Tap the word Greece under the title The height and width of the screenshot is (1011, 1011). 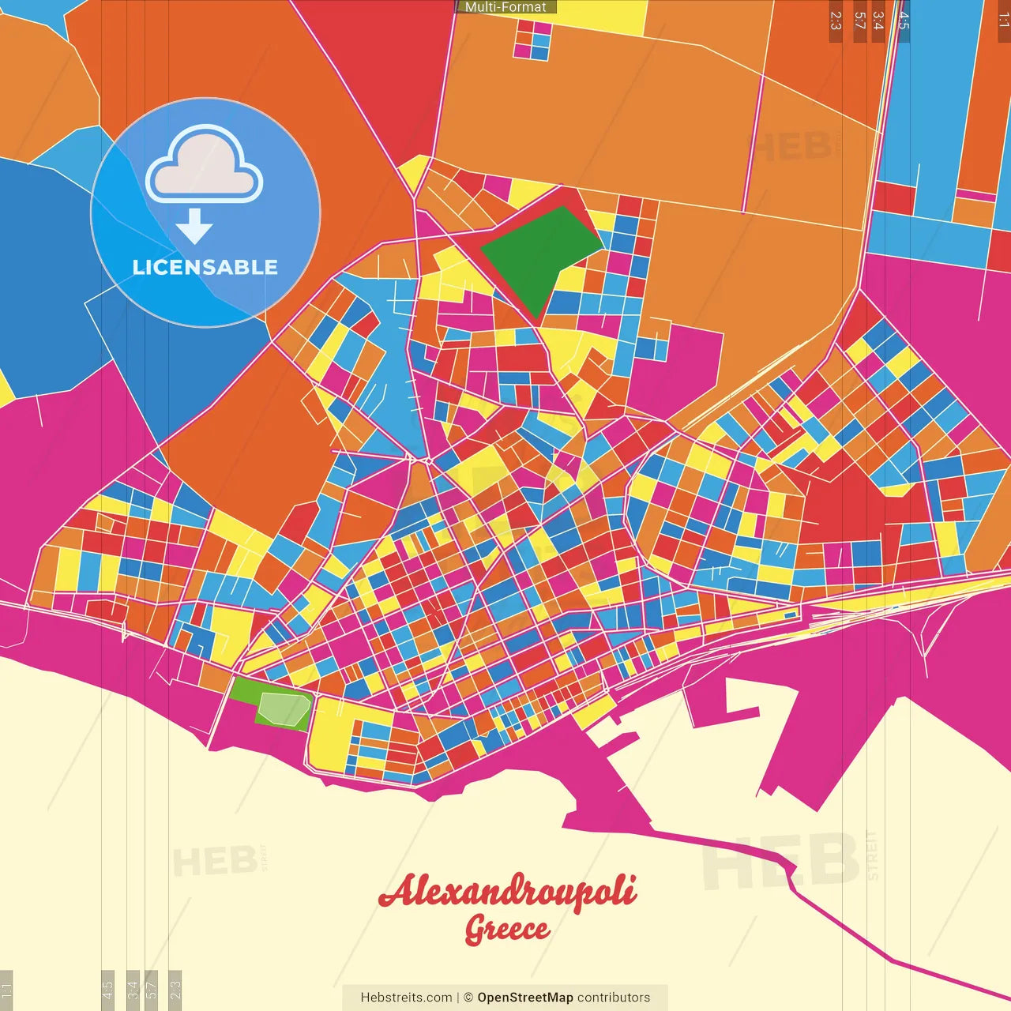pyautogui.click(x=506, y=929)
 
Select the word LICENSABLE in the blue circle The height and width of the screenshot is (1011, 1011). pyautogui.click(x=205, y=267)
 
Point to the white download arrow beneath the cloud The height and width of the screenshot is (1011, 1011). pyautogui.click(x=194, y=227)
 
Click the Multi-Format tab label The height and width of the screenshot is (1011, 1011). pyautogui.click(x=505, y=7)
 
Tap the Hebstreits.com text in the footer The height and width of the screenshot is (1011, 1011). pyautogui.click(x=406, y=998)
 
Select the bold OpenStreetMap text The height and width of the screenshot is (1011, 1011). pyautogui.click(x=525, y=998)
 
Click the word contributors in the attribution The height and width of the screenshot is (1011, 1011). pyautogui.click(x=614, y=998)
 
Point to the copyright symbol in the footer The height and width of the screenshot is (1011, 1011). pyautogui.click(x=468, y=998)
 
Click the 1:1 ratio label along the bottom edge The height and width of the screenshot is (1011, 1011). pyautogui.click(x=6, y=989)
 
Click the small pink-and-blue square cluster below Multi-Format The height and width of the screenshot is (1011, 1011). pyautogui.click(x=532, y=39)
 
